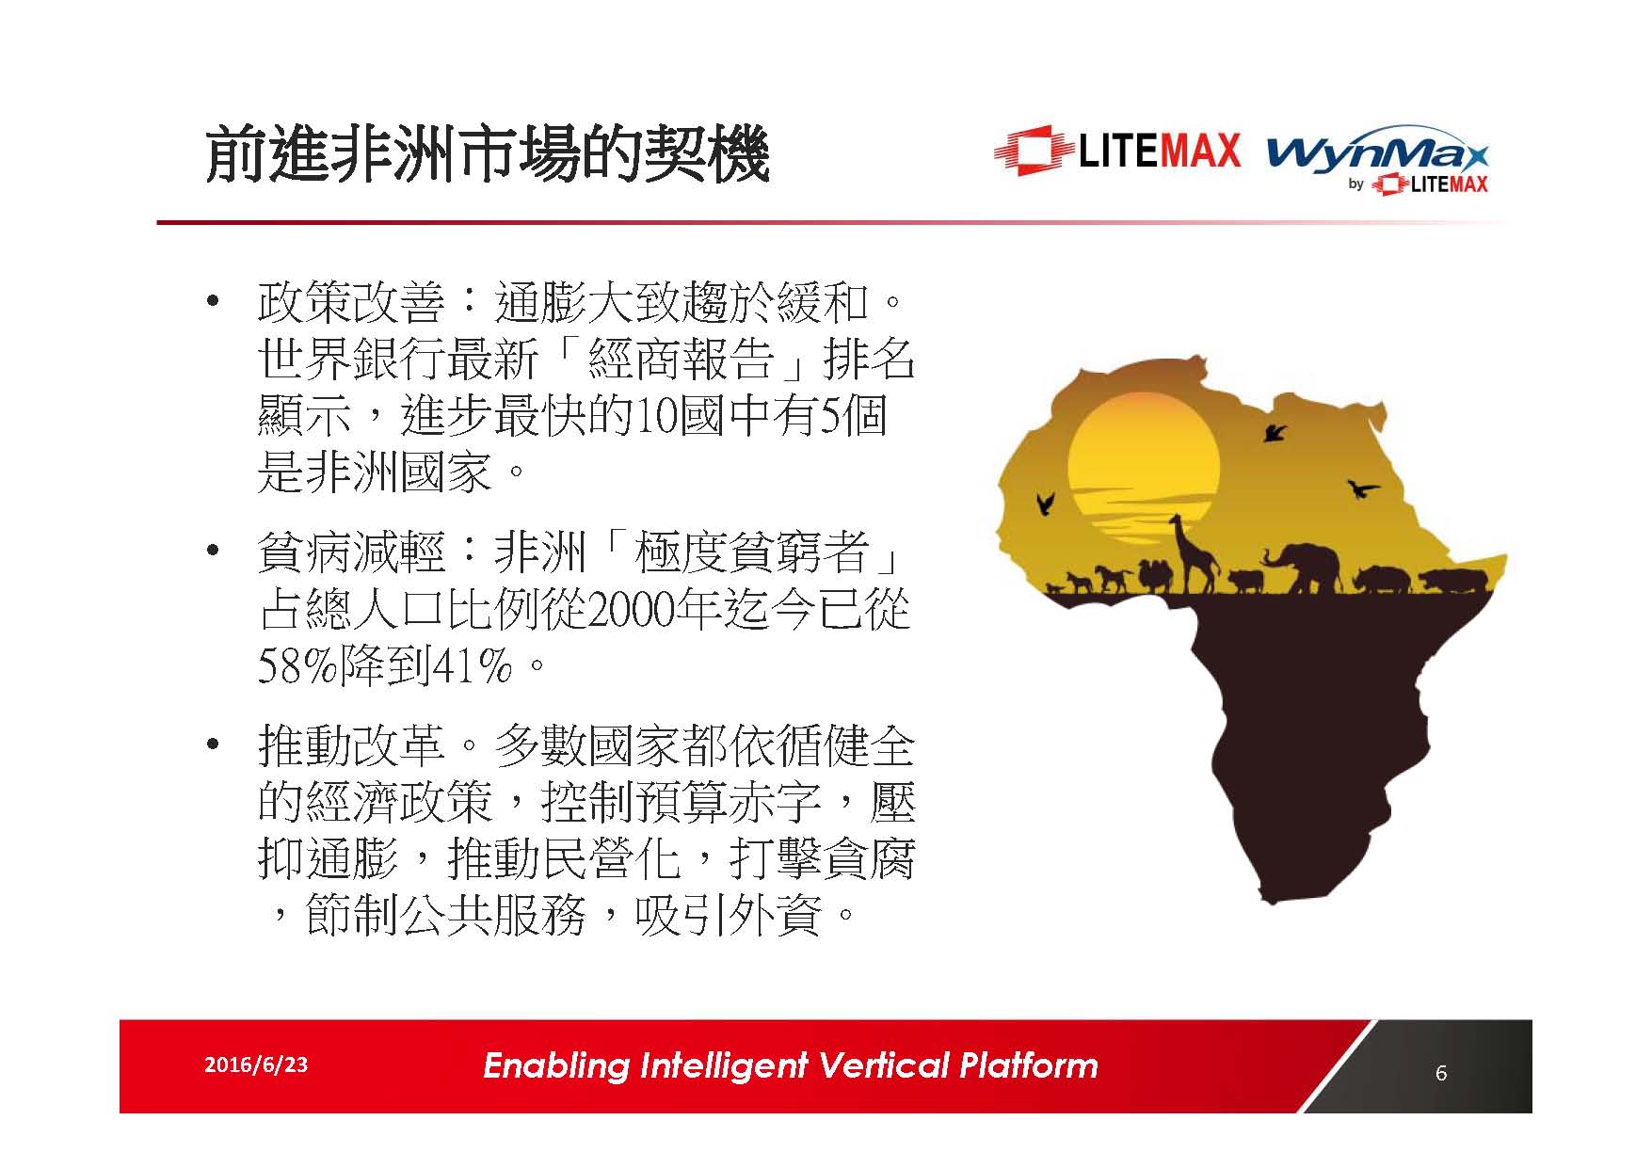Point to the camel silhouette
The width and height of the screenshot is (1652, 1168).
(x=1154, y=575)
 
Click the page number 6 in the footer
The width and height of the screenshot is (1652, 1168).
(x=1441, y=1072)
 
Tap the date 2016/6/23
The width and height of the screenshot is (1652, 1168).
(x=255, y=1064)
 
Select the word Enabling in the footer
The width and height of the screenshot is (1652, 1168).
(x=555, y=1066)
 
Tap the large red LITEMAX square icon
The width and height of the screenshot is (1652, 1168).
(x=1033, y=151)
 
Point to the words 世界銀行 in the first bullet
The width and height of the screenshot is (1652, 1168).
(x=350, y=360)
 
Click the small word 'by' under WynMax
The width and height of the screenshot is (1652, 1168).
(x=1355, y=184)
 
